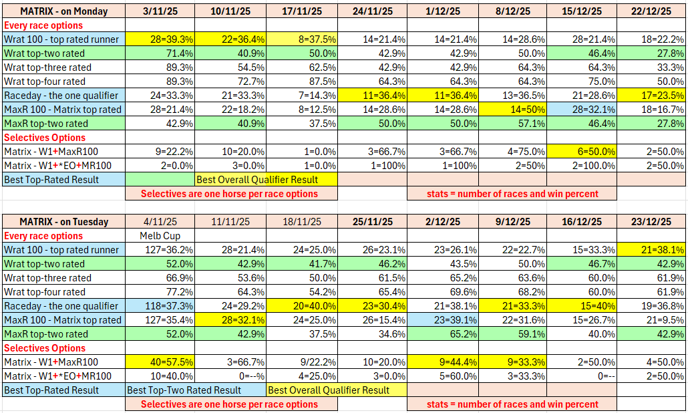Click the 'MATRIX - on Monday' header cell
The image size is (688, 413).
(x=63, y=11)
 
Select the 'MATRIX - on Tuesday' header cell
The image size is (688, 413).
(x=63, y=222)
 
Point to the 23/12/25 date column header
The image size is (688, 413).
(x=651, y=222)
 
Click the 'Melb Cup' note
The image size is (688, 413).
(x=160, y=236)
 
